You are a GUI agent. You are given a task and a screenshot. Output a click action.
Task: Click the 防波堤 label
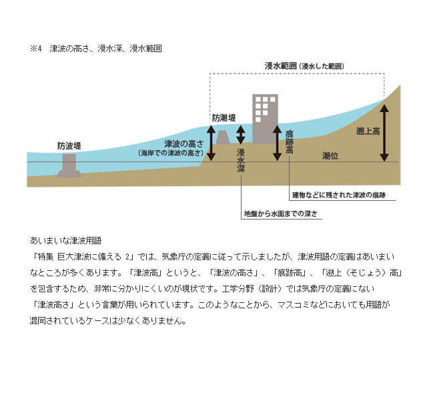69,146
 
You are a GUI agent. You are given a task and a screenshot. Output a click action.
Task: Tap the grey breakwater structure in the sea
69,165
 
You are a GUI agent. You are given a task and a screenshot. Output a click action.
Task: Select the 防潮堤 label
224,118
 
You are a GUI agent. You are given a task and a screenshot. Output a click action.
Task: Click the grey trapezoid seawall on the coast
223,137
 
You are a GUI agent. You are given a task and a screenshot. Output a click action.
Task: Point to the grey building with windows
266,119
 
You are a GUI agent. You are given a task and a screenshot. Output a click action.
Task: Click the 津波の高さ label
184,144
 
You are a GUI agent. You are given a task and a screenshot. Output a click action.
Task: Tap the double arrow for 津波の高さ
211,143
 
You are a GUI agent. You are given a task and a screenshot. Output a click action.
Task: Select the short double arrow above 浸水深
240,135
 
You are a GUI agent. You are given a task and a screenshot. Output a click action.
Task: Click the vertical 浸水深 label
241,161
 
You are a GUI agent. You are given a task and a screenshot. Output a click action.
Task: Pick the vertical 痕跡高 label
290,142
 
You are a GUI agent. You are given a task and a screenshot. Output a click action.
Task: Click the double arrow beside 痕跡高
277,143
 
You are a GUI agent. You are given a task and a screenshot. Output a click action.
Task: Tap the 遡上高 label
368,131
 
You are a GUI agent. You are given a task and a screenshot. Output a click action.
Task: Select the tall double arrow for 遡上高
384,133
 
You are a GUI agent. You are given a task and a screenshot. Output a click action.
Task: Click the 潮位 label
330,155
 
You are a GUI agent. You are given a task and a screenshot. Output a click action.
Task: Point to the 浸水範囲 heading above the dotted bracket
304,66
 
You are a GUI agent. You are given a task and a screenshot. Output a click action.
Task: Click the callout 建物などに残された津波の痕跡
339,195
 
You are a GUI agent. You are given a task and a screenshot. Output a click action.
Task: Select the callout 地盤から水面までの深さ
281,214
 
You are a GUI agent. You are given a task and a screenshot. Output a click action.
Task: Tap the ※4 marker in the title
36,49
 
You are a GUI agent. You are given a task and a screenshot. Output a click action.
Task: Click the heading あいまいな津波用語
65,240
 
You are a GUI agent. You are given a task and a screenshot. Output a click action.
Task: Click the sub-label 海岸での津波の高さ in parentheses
171,153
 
